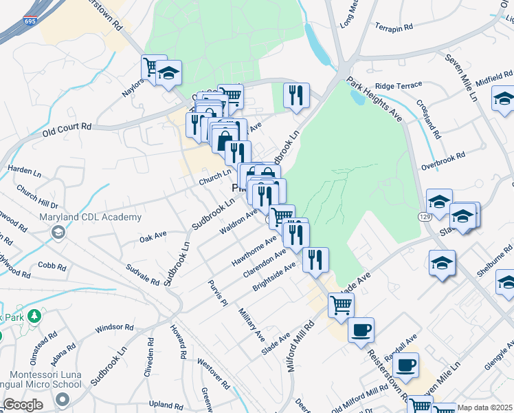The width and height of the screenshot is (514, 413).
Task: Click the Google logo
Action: [x=23, y=405]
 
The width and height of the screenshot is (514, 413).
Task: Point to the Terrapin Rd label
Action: [x=394, y=28]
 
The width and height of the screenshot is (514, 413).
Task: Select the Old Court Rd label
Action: [x=67, y=129]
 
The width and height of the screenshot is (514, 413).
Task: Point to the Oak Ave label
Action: [x=153, y=236]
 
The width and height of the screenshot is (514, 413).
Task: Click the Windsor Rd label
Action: [x=113, y=328]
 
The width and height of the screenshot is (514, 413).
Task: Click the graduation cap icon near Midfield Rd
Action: [x=504, y=98]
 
